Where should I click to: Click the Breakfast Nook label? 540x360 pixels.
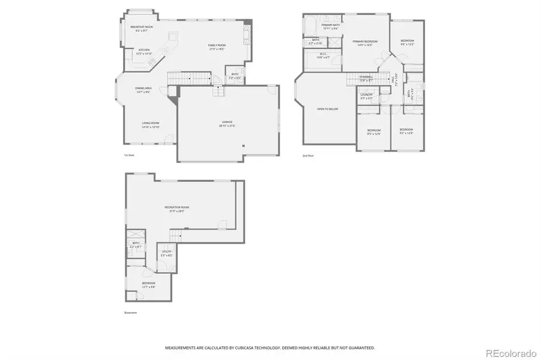[x=142, y=28]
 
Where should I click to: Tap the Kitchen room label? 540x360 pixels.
[x=144, y=50]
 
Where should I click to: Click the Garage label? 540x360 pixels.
[x=227, y=123]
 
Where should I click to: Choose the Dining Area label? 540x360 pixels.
[x=143, y=89]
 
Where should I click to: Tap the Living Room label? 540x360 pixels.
[x=150, y=125]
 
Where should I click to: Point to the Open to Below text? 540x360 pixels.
[x=328, y=109]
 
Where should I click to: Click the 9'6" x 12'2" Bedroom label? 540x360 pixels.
[x=407, y=41]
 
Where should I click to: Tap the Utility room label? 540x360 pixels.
[x=166, y=253]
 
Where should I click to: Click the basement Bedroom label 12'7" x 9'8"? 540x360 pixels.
[x=148, y=284]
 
